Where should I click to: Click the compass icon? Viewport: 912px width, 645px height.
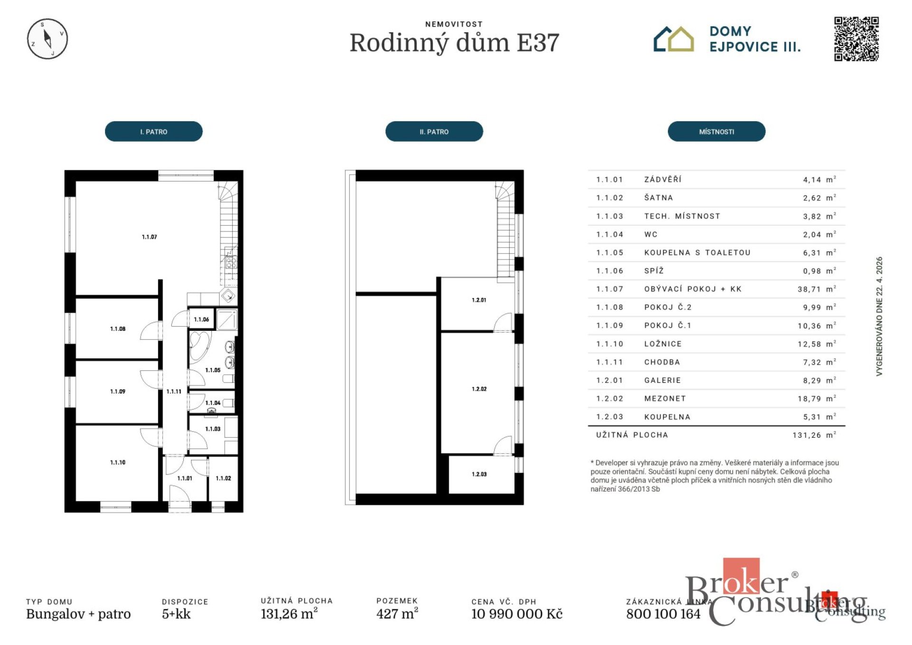pyautogui.click(x=47, y=39)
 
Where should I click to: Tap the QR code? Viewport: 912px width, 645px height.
pyautogui.click(x=856, y=39)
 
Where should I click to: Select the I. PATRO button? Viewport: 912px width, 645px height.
pyautogui.click(x=153, y=132)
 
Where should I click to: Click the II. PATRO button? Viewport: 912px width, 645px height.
pyautogui.click(x=434, y=132)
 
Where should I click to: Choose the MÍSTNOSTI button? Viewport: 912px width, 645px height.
pyautogui.click(x=716, y=132)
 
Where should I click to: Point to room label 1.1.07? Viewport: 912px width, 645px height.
pyautogui.click(x=149, y=237)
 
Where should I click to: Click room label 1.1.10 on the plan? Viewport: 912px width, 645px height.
pyautogui.click(x=117, y=462)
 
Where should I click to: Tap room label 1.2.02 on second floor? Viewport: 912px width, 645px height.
pyautogui.click(x=479, y=389)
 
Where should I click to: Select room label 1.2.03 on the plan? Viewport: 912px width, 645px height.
pyautogui.click(x=479, y=474)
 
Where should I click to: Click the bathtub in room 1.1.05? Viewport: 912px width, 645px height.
pyautogui.click(x=199, y=346)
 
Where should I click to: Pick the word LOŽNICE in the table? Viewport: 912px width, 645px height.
pyautogui.click(x=663, y=344)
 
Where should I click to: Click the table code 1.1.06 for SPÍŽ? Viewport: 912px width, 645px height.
pyautogui.click(x=609, y=270)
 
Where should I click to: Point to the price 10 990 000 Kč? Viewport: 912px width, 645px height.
pyautogui.click(x=516, y=614)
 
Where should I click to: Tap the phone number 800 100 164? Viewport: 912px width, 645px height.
pyautogui.click(x=663, y=614)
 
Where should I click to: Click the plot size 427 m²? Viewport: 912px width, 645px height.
pyautogui.click(x=397, y=614)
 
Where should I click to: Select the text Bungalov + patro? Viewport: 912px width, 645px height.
pyautogui.click(x=78, y=614)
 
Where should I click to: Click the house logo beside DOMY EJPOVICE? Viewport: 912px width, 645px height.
pyautogui.click(x=674, y=39)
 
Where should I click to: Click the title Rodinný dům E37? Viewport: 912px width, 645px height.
pyautogui.click(x=454, y=43)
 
